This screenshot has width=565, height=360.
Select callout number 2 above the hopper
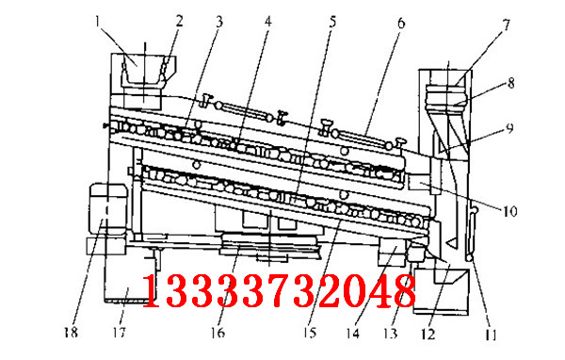pyautogui.click(x=180, y=18)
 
